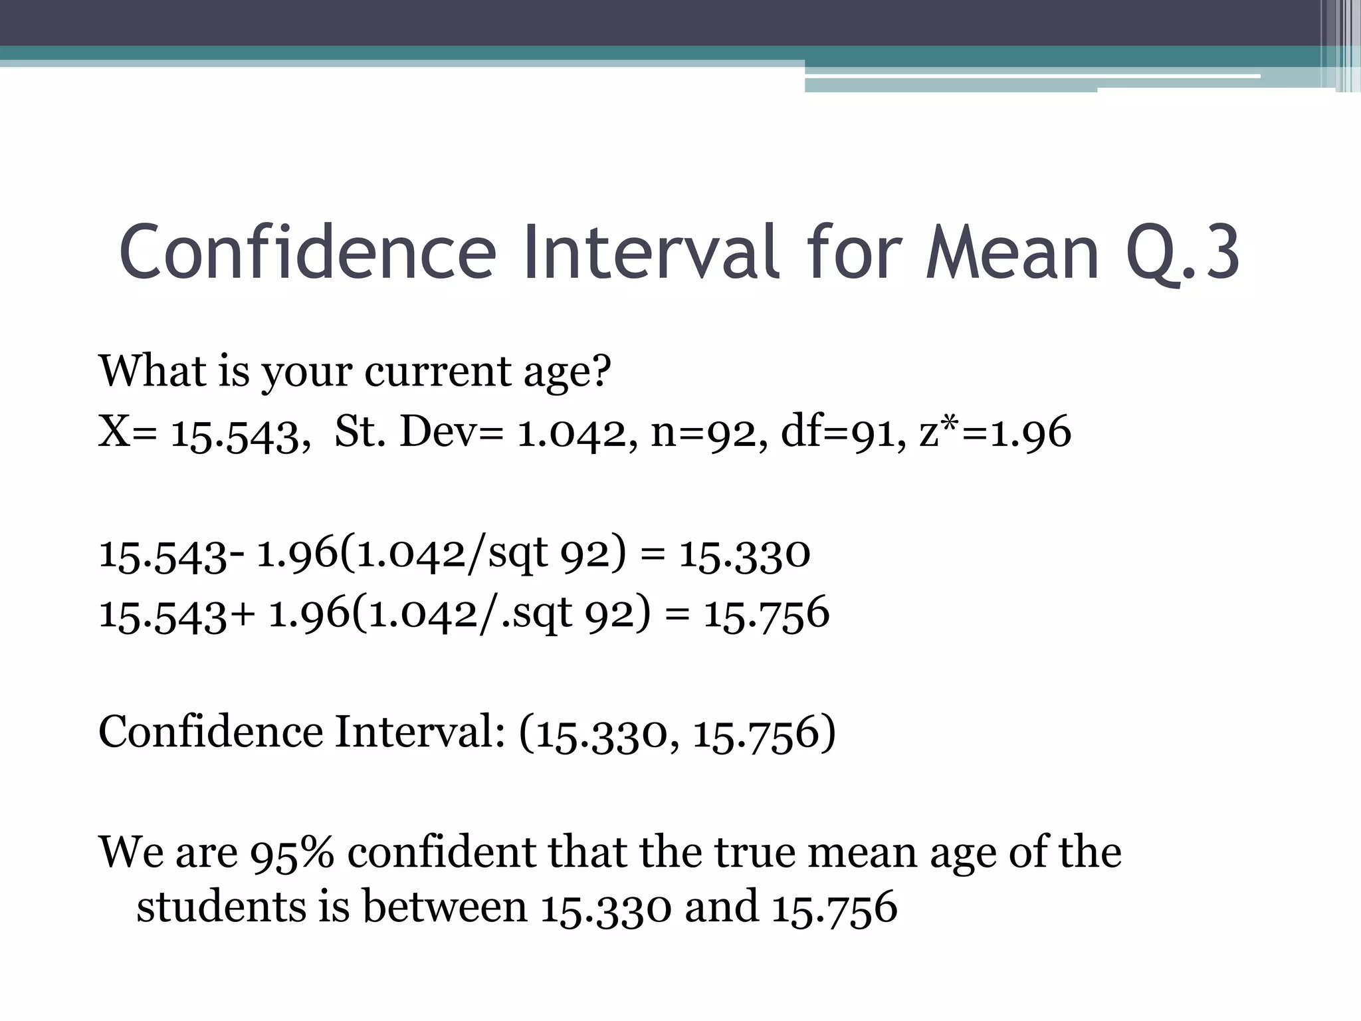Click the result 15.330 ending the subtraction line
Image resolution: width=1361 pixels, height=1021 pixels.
pyautogui.click(x=744, y=554)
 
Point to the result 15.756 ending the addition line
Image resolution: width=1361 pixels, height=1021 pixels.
pyautogui.click(x=766, y=614)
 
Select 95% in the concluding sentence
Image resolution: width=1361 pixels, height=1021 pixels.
pyautogui.click(x=292, y=853)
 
